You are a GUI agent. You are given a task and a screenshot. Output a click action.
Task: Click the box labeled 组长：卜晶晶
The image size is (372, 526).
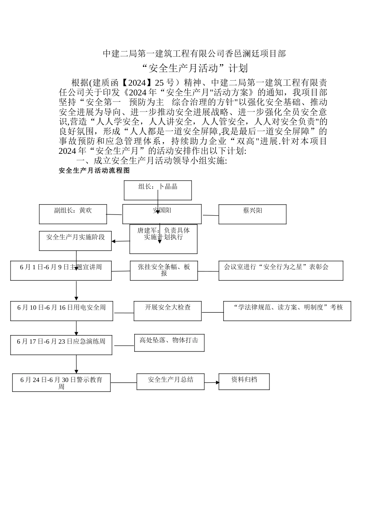click(x=158, y=190)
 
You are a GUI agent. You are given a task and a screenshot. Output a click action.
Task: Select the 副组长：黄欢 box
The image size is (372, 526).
click(x=73, y=214)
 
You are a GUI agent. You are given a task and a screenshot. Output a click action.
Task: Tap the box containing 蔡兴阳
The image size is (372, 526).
click(x=252, y=214)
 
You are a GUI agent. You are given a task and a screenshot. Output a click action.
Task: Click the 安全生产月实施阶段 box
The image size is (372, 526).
click(x=75, y=240)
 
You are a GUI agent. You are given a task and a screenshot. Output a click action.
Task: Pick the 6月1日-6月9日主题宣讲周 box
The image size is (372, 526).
click(x=61, y=270)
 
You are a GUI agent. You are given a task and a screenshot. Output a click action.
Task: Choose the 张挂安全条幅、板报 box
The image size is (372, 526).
click(x=164, y=270)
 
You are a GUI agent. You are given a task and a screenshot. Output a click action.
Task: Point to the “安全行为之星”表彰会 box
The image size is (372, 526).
click(x=280, y=270)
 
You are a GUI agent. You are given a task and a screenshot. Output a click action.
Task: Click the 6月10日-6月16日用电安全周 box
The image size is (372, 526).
click(x=61, y=311)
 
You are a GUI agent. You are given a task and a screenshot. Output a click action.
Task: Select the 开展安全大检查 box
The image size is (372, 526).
click(x=168, y=311)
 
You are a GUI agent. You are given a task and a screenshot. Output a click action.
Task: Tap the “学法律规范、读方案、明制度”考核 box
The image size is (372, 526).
click(x=287, y=311)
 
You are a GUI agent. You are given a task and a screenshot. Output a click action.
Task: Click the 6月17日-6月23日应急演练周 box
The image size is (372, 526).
click(x=61, y=345)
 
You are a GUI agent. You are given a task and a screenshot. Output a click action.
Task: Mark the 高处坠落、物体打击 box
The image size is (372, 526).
click(x=169, y=343)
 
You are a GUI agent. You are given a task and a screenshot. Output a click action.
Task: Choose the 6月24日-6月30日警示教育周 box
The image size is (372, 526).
click(x=61, y=382)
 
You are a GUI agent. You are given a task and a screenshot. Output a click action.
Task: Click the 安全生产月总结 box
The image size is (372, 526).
click(x=170, y=382)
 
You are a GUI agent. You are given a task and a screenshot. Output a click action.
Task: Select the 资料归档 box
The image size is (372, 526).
click(x=244, y=382)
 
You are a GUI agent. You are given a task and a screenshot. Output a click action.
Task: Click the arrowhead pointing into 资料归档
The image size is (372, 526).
click(x=217, y=382)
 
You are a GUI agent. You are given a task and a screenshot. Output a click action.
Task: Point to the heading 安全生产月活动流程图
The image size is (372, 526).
click(x=94, y=171)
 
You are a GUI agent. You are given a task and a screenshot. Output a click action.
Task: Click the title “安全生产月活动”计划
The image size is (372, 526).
click(x=194, y=68)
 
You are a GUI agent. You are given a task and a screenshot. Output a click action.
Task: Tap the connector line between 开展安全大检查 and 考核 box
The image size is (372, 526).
click(x=212, y=312)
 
